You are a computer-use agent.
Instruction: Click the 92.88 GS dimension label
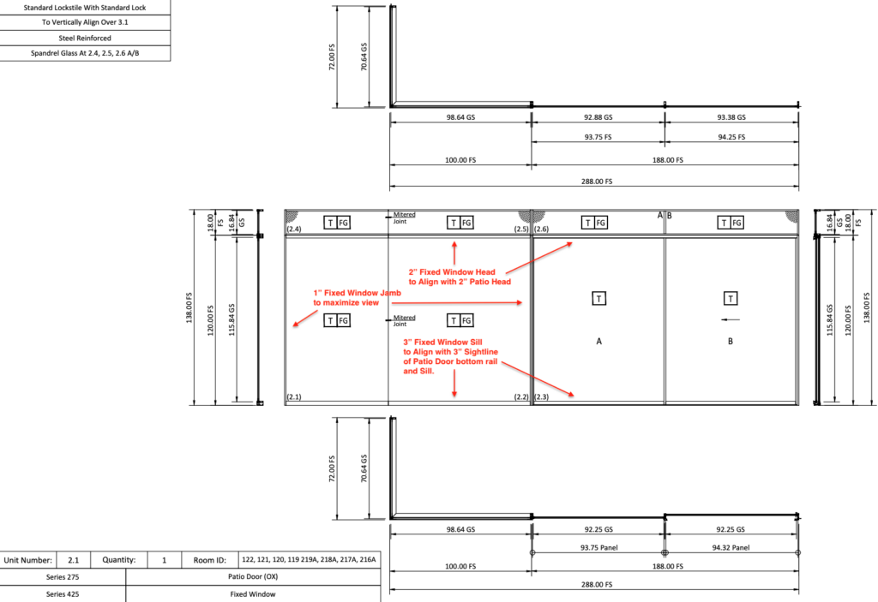598,117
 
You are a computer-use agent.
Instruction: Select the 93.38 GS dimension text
731,117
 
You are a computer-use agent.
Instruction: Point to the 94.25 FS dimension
731,137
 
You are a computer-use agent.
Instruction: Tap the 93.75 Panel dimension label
598,549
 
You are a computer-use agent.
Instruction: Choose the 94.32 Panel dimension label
731,549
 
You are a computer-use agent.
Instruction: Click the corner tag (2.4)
293,229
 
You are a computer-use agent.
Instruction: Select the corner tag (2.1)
293,397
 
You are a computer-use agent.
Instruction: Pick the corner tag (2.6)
541,229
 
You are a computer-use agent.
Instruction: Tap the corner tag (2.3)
541,397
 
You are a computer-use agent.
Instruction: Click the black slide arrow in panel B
731,320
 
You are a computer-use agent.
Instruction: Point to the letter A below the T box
599,341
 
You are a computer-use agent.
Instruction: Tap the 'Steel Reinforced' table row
85,38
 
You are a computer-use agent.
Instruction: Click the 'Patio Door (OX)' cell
252,577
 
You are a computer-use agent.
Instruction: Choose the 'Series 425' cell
63,593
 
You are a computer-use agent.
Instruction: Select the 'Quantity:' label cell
118,560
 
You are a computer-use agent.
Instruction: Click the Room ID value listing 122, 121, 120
309,560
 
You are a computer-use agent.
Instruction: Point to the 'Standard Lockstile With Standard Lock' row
85,7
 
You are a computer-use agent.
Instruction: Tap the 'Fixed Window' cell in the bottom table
252,593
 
